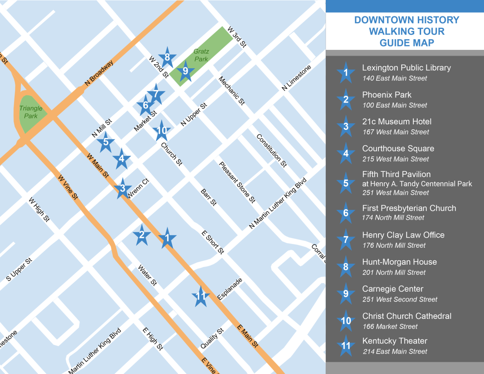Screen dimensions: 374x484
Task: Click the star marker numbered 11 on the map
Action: [200, 297]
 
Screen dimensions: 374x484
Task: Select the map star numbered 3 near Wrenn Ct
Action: [122, 189]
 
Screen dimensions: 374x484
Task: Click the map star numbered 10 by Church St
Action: [162, 130]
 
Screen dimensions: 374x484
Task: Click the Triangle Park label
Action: [31, 112]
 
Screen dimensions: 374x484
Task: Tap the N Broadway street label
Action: [99, 74]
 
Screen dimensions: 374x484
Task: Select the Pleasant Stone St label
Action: [237, 182]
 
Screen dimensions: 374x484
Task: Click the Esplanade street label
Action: [230, 289]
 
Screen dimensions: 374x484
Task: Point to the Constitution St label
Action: [272, 150]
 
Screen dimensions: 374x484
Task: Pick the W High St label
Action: [39, 209]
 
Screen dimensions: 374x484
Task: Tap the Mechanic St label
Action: [231, 90]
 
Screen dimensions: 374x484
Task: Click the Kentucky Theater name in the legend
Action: [394, 341]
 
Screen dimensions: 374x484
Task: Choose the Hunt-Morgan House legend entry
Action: [399, 262]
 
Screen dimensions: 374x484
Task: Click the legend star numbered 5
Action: [346, 183]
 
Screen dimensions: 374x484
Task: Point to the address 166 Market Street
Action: [390, 327]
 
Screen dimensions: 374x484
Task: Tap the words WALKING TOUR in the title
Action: [407, 31]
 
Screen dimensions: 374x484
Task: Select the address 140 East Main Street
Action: [394, 78]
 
